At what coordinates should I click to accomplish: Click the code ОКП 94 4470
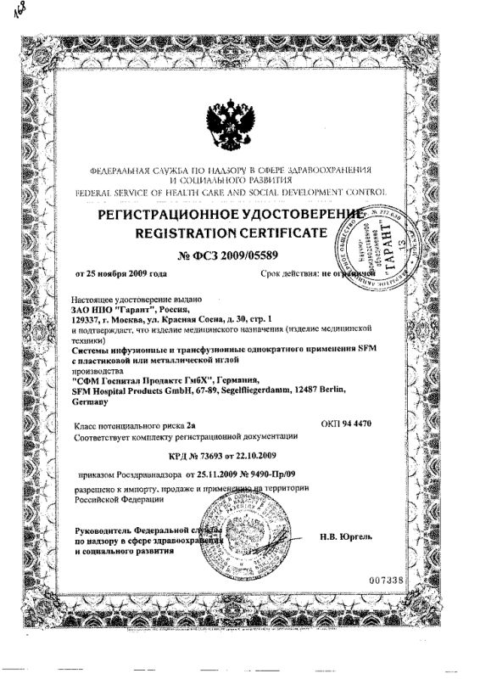[x=347, y=422]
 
